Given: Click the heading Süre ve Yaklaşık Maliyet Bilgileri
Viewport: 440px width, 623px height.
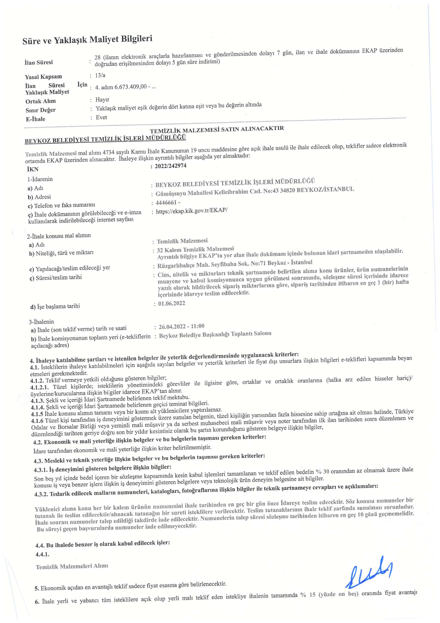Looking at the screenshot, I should pyautogui.click(x=87, y=40).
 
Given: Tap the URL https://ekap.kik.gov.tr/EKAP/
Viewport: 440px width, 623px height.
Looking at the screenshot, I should pyautogui.click(x=191, y=211).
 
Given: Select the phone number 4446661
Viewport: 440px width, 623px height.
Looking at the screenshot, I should pyautogui.click(x=166, y=203).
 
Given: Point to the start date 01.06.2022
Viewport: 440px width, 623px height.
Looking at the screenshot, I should pyautogui.click(x=171, y=303).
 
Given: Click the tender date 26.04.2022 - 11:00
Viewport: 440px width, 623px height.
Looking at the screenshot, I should pyautogui.click(x=182, y=326).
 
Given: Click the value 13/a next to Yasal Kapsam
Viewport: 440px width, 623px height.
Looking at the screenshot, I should pyautogui.click(x=100, y=75).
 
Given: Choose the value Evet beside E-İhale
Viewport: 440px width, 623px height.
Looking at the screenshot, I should pyautogui.click(x=101, y=118).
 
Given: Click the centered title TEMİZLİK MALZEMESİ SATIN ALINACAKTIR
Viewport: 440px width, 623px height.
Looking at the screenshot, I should pyautogui.click(x=217, y=129).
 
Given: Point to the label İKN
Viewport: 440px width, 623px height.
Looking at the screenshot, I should pyautogui.click(x=33, y=169).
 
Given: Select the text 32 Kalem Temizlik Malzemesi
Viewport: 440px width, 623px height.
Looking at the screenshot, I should pyautogui.click(x=195, y=249).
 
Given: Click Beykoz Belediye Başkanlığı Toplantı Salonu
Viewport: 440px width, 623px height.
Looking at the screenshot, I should pyautogui.click(x=215, y=334).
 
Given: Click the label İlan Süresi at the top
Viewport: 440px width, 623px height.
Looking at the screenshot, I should pyautogui.click(x=39, y=62).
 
